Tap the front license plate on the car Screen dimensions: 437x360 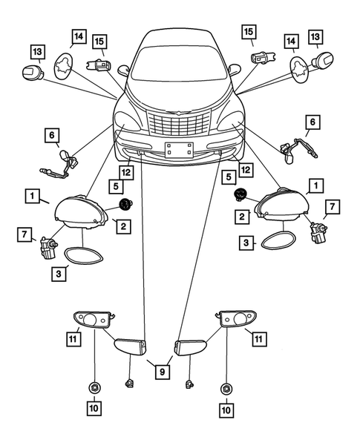point(178,149)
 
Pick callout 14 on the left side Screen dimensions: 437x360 point(78,36)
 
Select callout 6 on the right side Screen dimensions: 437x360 point(312,121)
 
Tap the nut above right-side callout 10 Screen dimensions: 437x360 point(225,387)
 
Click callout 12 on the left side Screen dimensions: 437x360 point(127,173)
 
